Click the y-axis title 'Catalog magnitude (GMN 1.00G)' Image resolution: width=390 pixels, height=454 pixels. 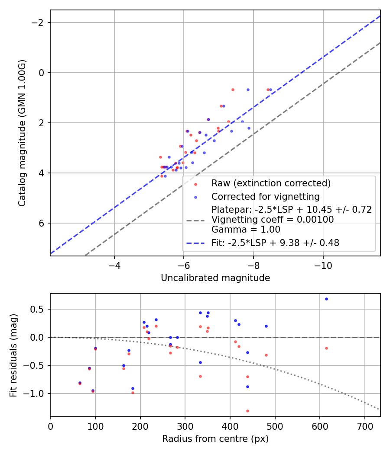[x=22, y=133]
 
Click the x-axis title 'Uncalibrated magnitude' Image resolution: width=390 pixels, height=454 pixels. [x=215, y=278]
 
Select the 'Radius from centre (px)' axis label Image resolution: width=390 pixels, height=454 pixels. [x=215, y=439]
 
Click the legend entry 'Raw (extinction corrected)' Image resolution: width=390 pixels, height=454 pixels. [x=271, y=183]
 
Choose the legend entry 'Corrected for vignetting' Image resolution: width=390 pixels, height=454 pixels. [x=265, y=197]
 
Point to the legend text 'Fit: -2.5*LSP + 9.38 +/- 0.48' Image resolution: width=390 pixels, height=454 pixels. [x=275, y=243]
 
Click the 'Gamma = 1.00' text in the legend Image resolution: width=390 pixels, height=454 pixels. [x=246, y=230]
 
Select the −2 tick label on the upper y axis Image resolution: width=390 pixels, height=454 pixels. [x=40, y=22]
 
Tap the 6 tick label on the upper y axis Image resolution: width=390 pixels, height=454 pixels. [x=42, y=223]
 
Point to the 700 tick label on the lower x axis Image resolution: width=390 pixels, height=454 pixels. [x=364, y=425]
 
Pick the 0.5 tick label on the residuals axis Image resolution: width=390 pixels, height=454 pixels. [x=39, y=309]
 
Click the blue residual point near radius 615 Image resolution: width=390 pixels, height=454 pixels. [x=326, y=299]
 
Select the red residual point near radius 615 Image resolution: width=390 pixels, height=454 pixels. [x=326, y=348]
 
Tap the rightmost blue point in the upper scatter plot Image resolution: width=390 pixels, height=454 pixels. [x=270, y=90]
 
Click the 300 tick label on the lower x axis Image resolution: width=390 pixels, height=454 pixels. [x=185, y=425]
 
